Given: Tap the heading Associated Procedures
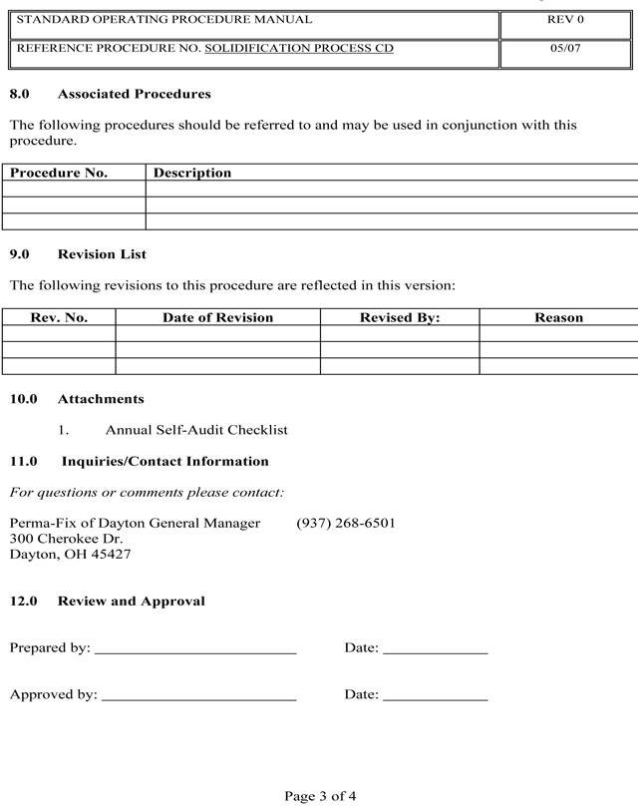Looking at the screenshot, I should (134, 95).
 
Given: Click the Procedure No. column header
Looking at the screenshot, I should (59, 173).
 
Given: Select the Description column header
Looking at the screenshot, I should (192, 173).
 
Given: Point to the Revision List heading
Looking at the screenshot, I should (102, 254).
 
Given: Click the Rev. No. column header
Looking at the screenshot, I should (59, 317).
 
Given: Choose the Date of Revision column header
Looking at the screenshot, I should (217, 317).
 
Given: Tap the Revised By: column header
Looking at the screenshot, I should (399, 317).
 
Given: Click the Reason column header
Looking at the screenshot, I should (558, 317).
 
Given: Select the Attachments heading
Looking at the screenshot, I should (101, 399).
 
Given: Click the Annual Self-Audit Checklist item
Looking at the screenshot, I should (196, 430).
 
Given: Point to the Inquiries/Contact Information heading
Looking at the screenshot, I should (164, 462).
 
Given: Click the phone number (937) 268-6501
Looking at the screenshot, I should (346, 523).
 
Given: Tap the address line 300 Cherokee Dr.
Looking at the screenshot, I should (66, 539).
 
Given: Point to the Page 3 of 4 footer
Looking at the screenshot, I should (320, 796).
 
